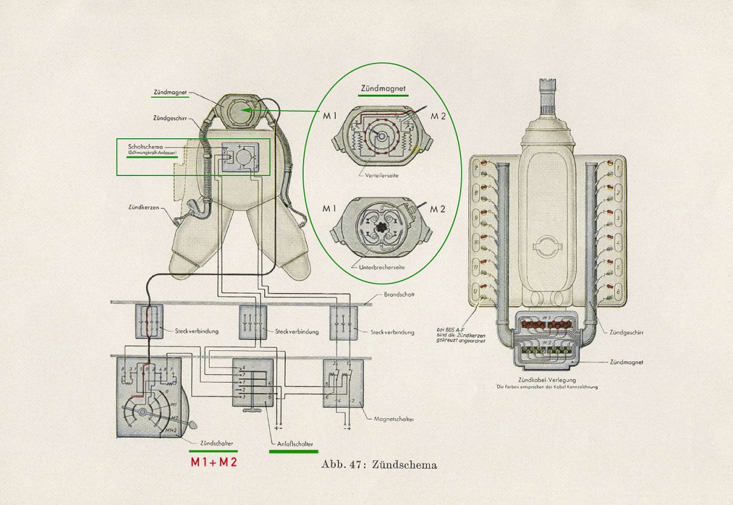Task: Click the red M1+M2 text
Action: pyautogui.click(x=213, y=463)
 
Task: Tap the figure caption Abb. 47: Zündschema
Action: pyautogui.click(x=379, y=465)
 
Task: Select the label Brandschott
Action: pyautogui.click(x=399, y=294)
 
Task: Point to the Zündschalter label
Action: pyautogui.click(x=216, y=442)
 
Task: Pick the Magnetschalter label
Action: pyautogui.click(x=393, y=420)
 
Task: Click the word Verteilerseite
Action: pyautogui.click(x=374, y=174)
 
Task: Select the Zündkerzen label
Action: pyautogui.click(x=144, y=207)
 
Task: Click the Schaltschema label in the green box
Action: pyautogui.click(x=145, y=147)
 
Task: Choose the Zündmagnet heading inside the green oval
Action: pyautogui.click(x=383, y=89)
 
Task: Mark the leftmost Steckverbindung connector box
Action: pyautogui.click(x=149, y=322)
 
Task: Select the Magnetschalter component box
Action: pyautogui.click(x=343, y=383)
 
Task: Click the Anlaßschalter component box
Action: pyautogui.click(x=252, y=384)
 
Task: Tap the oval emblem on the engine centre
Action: pyautogui.click(x=547, y=247)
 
